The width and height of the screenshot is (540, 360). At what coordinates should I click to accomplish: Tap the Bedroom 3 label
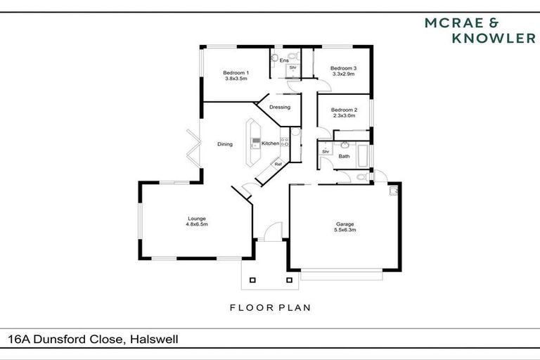[x=344, y=68]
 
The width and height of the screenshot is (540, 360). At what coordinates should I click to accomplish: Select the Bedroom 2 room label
[x=344, y=110]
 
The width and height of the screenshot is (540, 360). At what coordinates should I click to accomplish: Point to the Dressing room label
[x=280, y=107]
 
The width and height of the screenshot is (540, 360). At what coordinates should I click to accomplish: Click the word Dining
[x=225, y=144]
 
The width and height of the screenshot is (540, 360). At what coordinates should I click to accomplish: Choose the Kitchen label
[x=270, y=143]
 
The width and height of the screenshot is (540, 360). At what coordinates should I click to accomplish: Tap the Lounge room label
[x=196, y=218]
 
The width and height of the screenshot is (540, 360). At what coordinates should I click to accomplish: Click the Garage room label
[x=343, y=224]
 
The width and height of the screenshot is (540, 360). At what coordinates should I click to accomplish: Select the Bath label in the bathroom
[x=344, y=156]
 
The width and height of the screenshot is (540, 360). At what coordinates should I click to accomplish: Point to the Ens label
[x=284, y=60]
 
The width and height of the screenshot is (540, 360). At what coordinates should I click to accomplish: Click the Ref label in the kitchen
[x=278, y=165]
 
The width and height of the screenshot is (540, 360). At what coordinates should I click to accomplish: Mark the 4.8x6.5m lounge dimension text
[x=196, y=224]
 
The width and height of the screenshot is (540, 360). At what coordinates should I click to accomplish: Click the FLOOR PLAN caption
[x=270, y=307]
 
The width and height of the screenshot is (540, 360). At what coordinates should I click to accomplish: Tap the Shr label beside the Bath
[x=326, y=151]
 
